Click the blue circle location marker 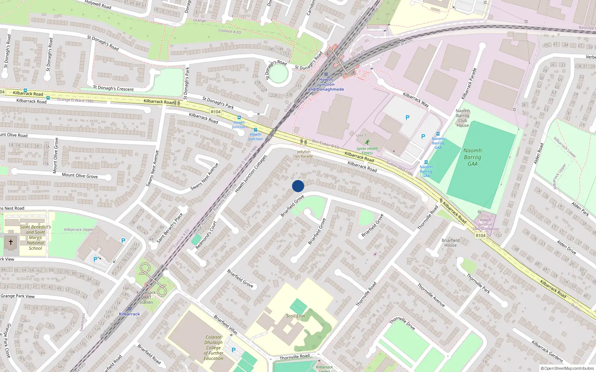[x=298, y=186]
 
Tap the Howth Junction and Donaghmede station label [x=326, y=84]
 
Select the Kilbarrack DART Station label [x=146, y=297]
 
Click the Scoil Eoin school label [x=295, y=316]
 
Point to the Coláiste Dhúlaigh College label [x=213, y=348]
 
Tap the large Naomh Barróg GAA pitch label [x=472, y=157]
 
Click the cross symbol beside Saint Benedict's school [x=11, y=242]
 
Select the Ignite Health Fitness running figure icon [x=367, y=142]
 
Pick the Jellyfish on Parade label [x=304, y=154]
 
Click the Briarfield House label [x=450, y=243]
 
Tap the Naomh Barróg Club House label [x=463, y=118]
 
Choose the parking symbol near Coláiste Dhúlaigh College [x=234, y=350]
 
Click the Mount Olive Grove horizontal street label [x=80, y=176]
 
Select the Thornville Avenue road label [x=431, y=295]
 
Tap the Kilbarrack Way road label [x=416, y=100]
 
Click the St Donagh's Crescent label [x=113, y=89]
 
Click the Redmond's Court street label [x=206, y=235]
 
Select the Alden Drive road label [x=566, y=247]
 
